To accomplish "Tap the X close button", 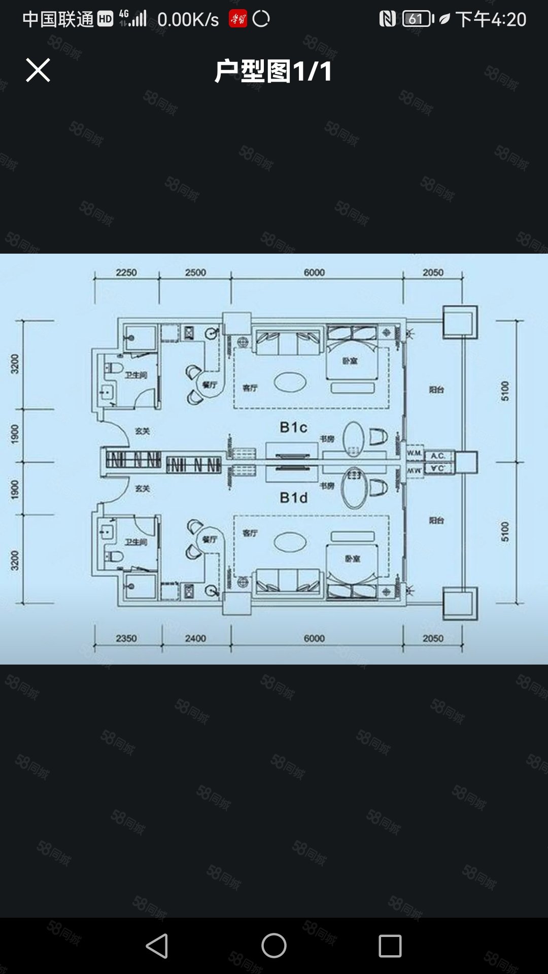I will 38,70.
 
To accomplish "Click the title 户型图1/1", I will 273,71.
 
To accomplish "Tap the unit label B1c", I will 293,427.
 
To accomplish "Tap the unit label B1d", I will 293,498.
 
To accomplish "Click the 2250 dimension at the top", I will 126,272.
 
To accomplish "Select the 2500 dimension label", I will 195,272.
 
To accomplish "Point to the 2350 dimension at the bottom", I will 126,638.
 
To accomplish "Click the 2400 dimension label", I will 195,638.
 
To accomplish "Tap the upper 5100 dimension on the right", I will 505,391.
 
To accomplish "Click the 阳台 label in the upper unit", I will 436,390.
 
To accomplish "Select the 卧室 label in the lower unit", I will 352,559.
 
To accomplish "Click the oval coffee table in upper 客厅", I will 290,382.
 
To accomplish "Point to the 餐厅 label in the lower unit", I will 210,539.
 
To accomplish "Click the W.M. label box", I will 415,453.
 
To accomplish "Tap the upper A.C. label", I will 437,456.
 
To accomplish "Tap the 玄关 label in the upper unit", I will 142,431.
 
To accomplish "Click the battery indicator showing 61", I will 417,19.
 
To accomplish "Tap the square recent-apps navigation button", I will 390,946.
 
